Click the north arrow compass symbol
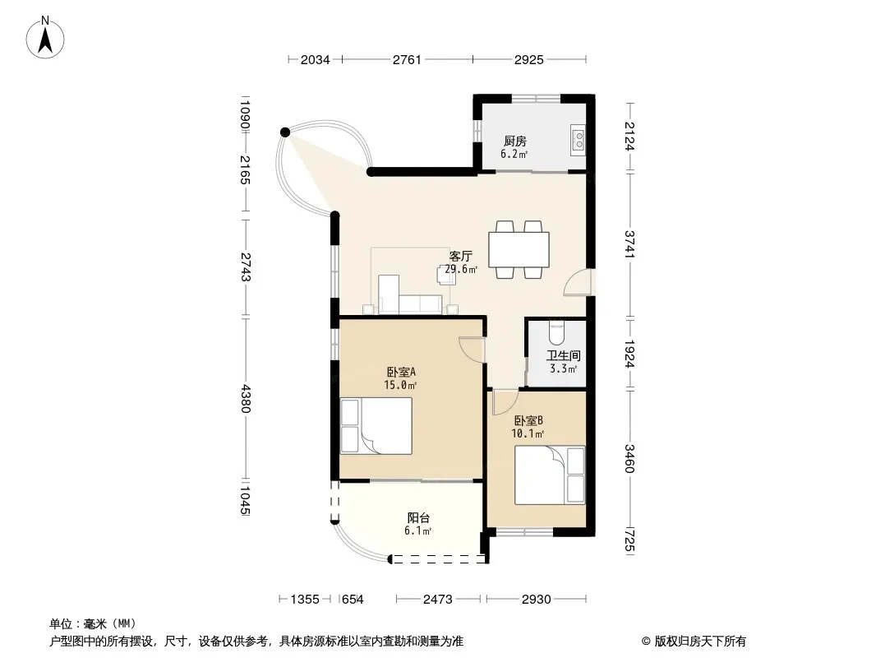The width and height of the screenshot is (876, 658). [x=44, y=38]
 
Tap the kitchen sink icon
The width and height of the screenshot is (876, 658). [x=579, y=140]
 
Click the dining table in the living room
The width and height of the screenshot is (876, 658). [x=519, y=249]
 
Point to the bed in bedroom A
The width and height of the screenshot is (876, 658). [x=376, y=425]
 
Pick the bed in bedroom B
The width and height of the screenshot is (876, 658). [x=550, y=475]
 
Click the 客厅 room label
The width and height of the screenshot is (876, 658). [x=461, y=256]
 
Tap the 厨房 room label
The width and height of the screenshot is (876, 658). [x=515, y=141]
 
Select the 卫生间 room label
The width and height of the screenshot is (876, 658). [x=563, y=355]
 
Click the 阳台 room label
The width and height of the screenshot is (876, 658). [x=418, y=517]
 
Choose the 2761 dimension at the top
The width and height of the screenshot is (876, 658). [x=407, y=59]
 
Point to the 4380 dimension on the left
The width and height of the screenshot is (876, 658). [x=245, y=398]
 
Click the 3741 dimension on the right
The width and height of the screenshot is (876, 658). [x=629, y=244]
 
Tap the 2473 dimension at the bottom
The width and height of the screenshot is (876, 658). [x=437, y=600]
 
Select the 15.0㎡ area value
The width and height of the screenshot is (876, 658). [x=400, y=385]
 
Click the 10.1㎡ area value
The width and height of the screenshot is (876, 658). [x=528, y=433]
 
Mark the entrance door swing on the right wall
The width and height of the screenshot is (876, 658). [x=575, y=281]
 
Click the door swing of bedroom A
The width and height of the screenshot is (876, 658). [x=471, y=350]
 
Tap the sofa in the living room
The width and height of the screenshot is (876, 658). [x=410, y=295]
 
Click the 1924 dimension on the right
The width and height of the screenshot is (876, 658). [x=629, y=354]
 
